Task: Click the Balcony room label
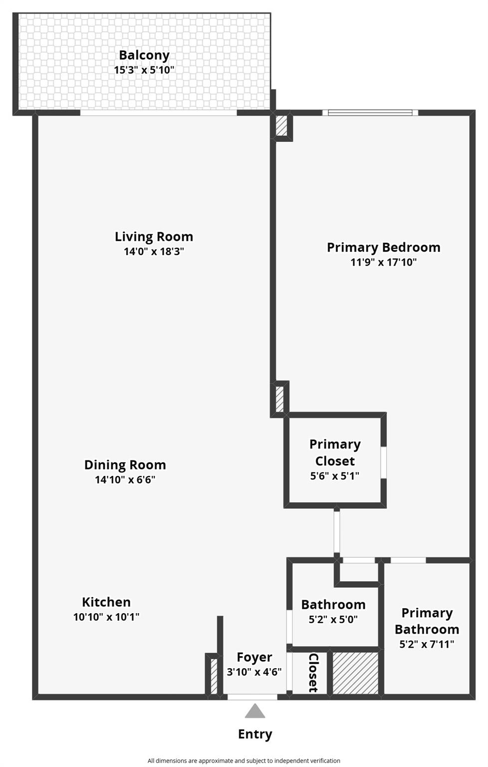144,55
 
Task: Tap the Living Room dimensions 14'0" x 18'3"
154,251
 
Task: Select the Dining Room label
125,465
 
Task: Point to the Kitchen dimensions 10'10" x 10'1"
106,617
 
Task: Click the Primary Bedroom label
383,248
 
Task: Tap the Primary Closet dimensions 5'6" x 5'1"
335,476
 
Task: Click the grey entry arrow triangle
255,711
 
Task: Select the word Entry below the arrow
255,734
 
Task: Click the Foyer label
254,657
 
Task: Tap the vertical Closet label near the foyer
313,673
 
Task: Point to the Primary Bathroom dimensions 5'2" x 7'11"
427,644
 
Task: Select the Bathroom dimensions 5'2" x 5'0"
333,620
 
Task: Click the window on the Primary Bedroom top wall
370,113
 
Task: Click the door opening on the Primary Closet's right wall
384,462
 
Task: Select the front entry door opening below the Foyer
252,697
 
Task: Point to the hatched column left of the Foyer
214,676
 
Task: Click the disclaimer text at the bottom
244,761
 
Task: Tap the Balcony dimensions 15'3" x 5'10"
144,70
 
